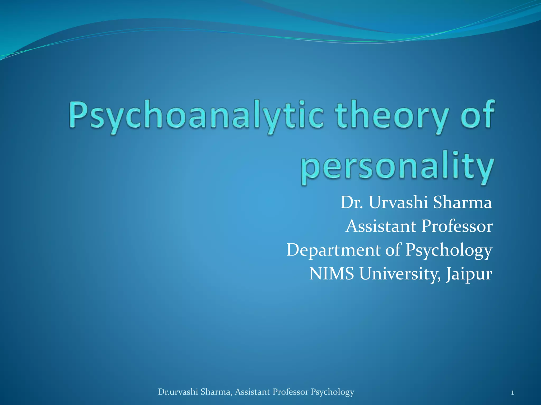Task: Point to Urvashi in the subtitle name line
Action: [x=398, y=202]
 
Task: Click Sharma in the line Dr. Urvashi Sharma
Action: [x=463, y=202]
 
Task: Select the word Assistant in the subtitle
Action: [x=380, y=226]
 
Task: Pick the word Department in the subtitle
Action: [x=334, y=250]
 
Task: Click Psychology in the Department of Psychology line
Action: [x=449, y=250]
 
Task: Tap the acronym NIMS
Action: [x=332, y=273]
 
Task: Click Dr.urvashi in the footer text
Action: [x=178, y=392]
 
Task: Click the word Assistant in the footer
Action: [x=252, y=392]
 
